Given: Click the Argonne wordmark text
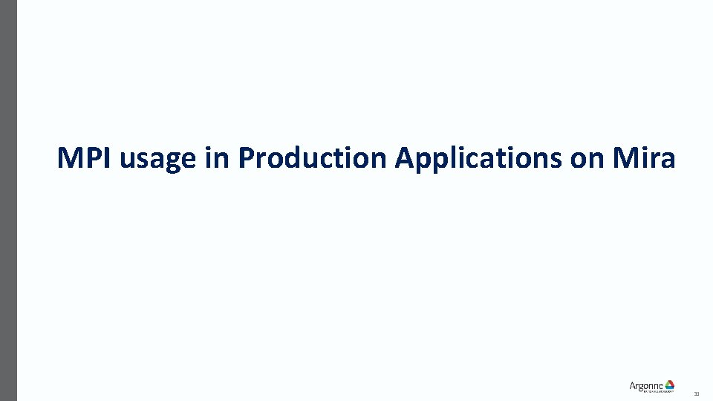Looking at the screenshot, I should [x=645, y=385].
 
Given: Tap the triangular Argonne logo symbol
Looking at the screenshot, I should [x=669, y=385].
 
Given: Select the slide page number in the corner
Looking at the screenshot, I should [x=697, y=394].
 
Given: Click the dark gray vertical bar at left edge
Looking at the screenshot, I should [x=8, y=200].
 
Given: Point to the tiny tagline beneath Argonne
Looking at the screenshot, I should [x=650, y=391].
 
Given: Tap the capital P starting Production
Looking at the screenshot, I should [x=246, y=157].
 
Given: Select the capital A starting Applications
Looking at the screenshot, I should [x=404, y=157].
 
